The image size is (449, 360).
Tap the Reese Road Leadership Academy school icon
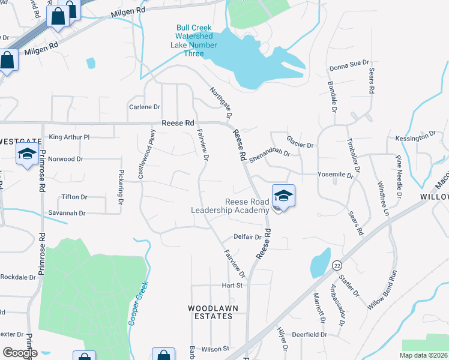pyautogui.click(x=283, y=196)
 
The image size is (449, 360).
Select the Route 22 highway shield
pyautogui.click(x=337, y=263)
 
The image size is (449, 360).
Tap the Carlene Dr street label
pyautogui.click(x=145, y=107)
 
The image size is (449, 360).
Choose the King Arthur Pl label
pyautogui.click(x=69, y=137)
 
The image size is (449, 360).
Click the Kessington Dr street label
pyautogui.click(x=415, y=137)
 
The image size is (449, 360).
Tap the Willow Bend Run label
pyautogui.click(x=383, y=290)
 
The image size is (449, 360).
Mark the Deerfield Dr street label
pyautogui.click(x=309, y=334)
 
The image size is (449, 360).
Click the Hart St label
pyautogui.click(x=232, y=285)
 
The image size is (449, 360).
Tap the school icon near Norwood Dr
pyautogui.click(x=27, y=155)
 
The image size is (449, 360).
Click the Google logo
pyautogui.click(x=20, y=352)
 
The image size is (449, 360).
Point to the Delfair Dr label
pyautogui.click(x=248, y=237)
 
